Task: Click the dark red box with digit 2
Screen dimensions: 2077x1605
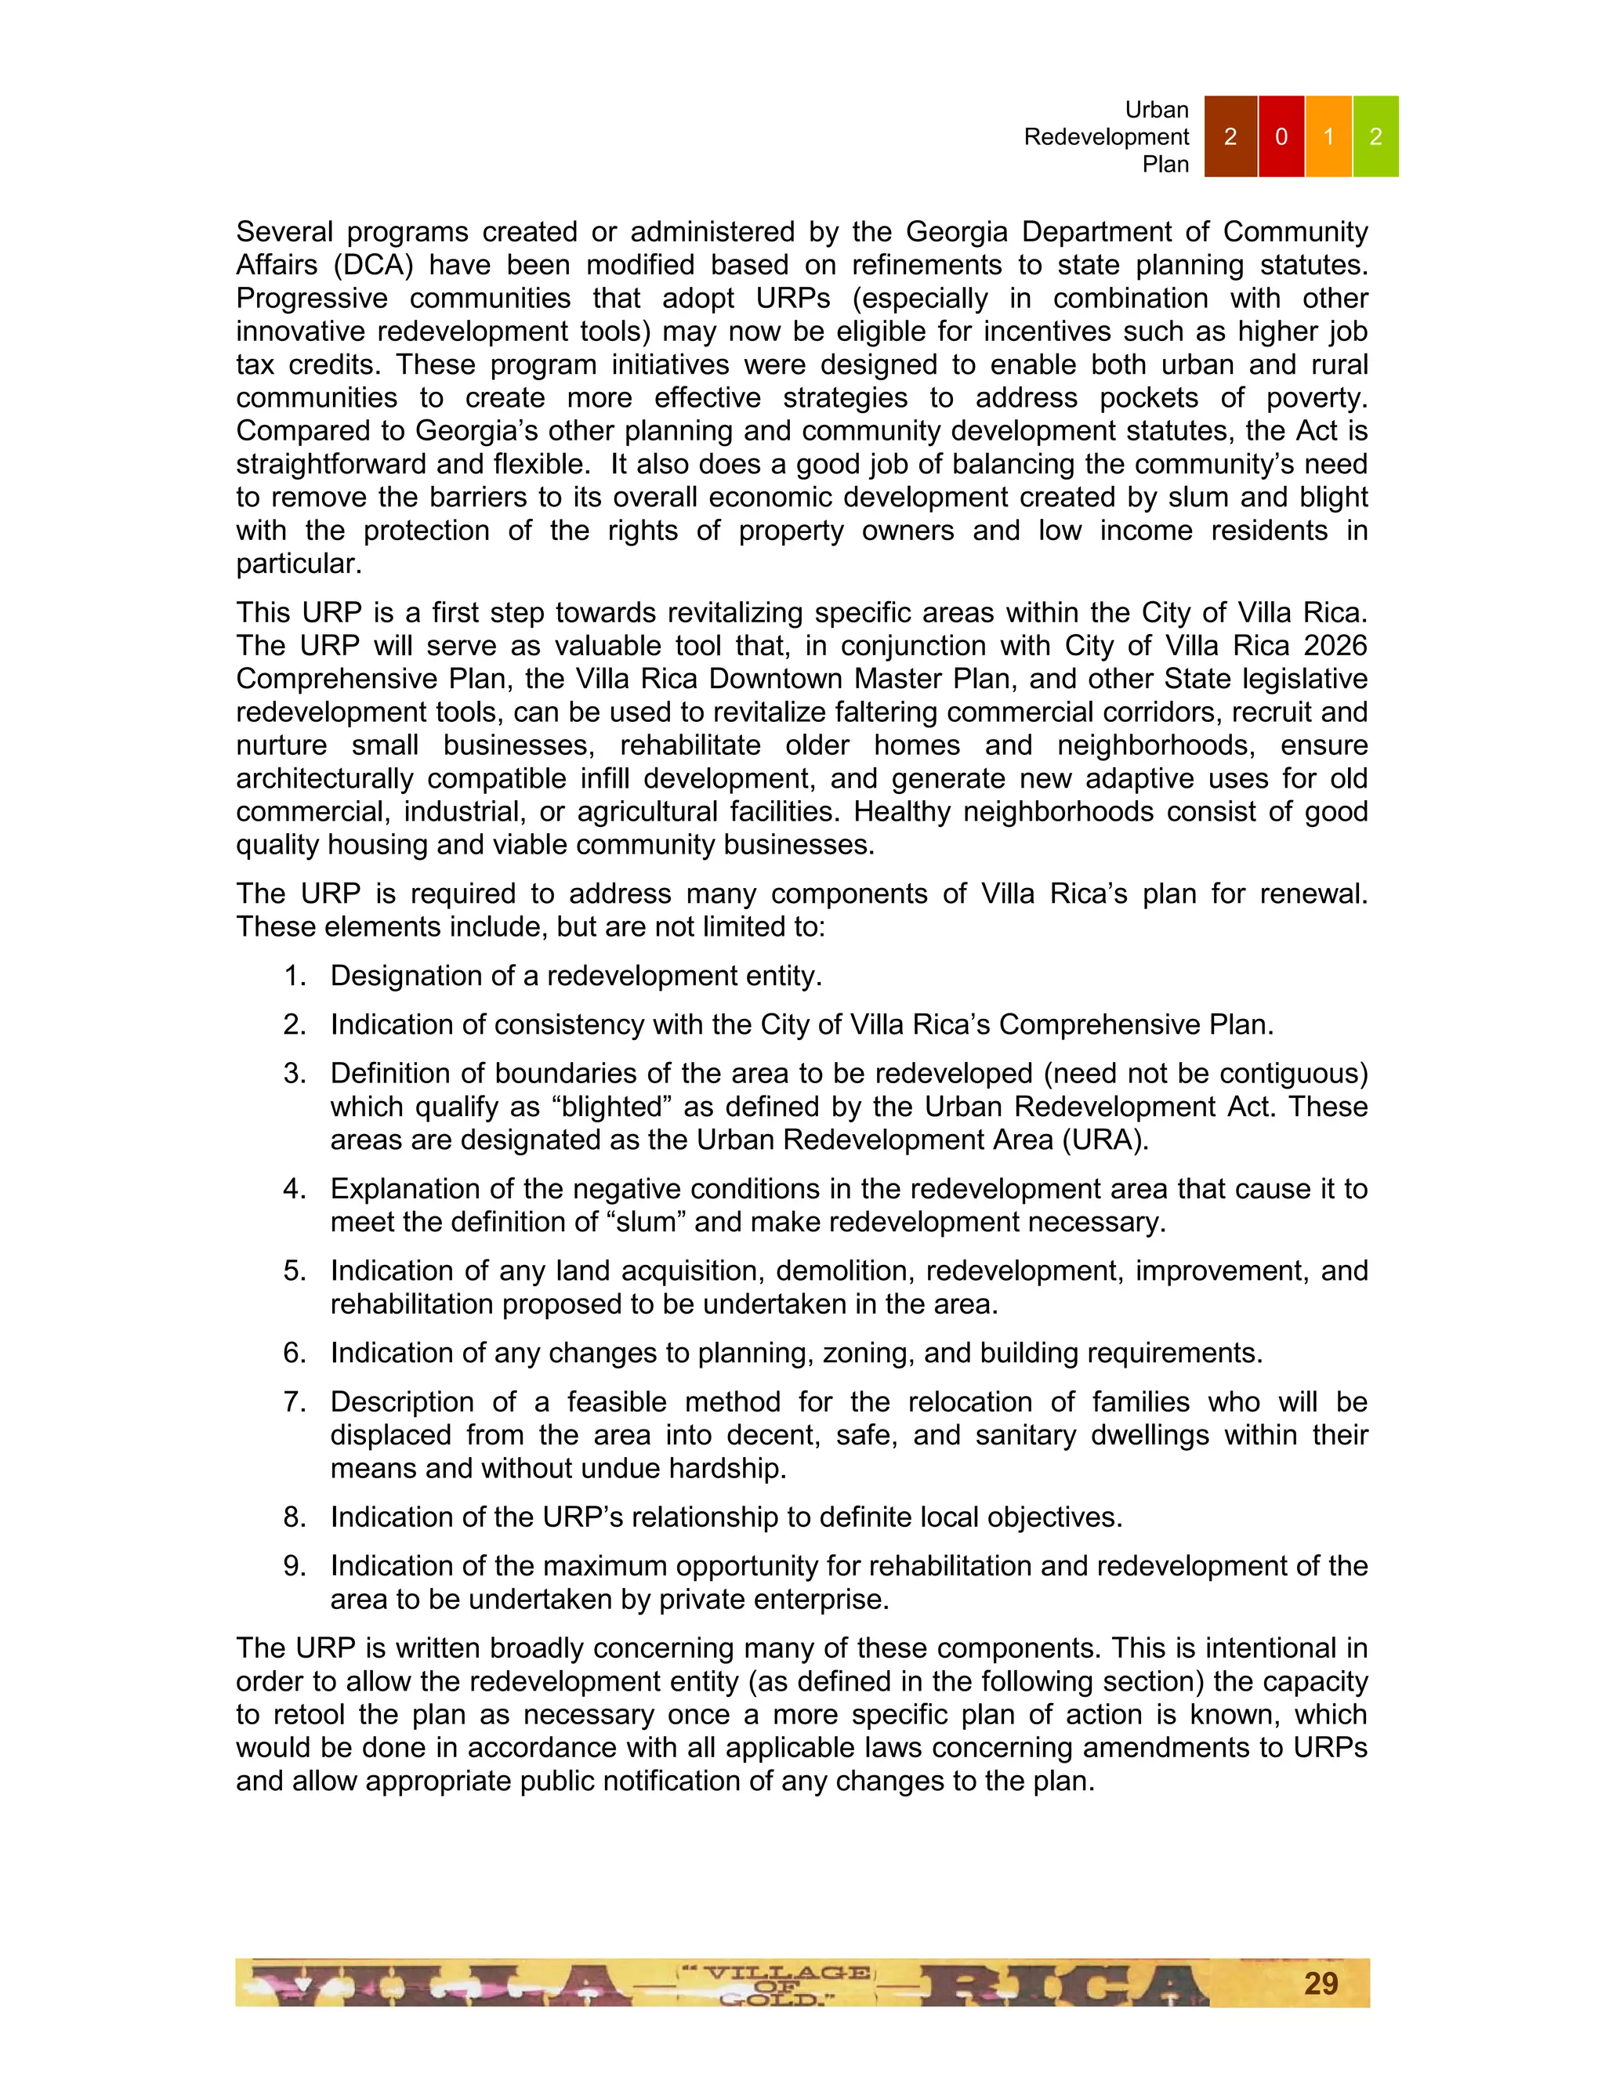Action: pos(1230,136)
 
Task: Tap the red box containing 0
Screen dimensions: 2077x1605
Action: pos(1281,136)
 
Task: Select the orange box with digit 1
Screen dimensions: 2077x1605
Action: pos(1328,136)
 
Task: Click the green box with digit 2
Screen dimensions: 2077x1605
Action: pos(1375,136)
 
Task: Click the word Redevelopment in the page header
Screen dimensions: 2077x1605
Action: pos(1106,137)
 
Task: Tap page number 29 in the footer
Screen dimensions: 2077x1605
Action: pos(1321,1983)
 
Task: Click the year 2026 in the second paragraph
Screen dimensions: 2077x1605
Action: pos(1335,646)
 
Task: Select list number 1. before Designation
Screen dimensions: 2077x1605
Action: pos(295,976)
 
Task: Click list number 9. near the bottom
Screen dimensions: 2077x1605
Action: pos(295,1565)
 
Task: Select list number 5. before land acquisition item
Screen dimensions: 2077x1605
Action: pos(295,1270)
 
